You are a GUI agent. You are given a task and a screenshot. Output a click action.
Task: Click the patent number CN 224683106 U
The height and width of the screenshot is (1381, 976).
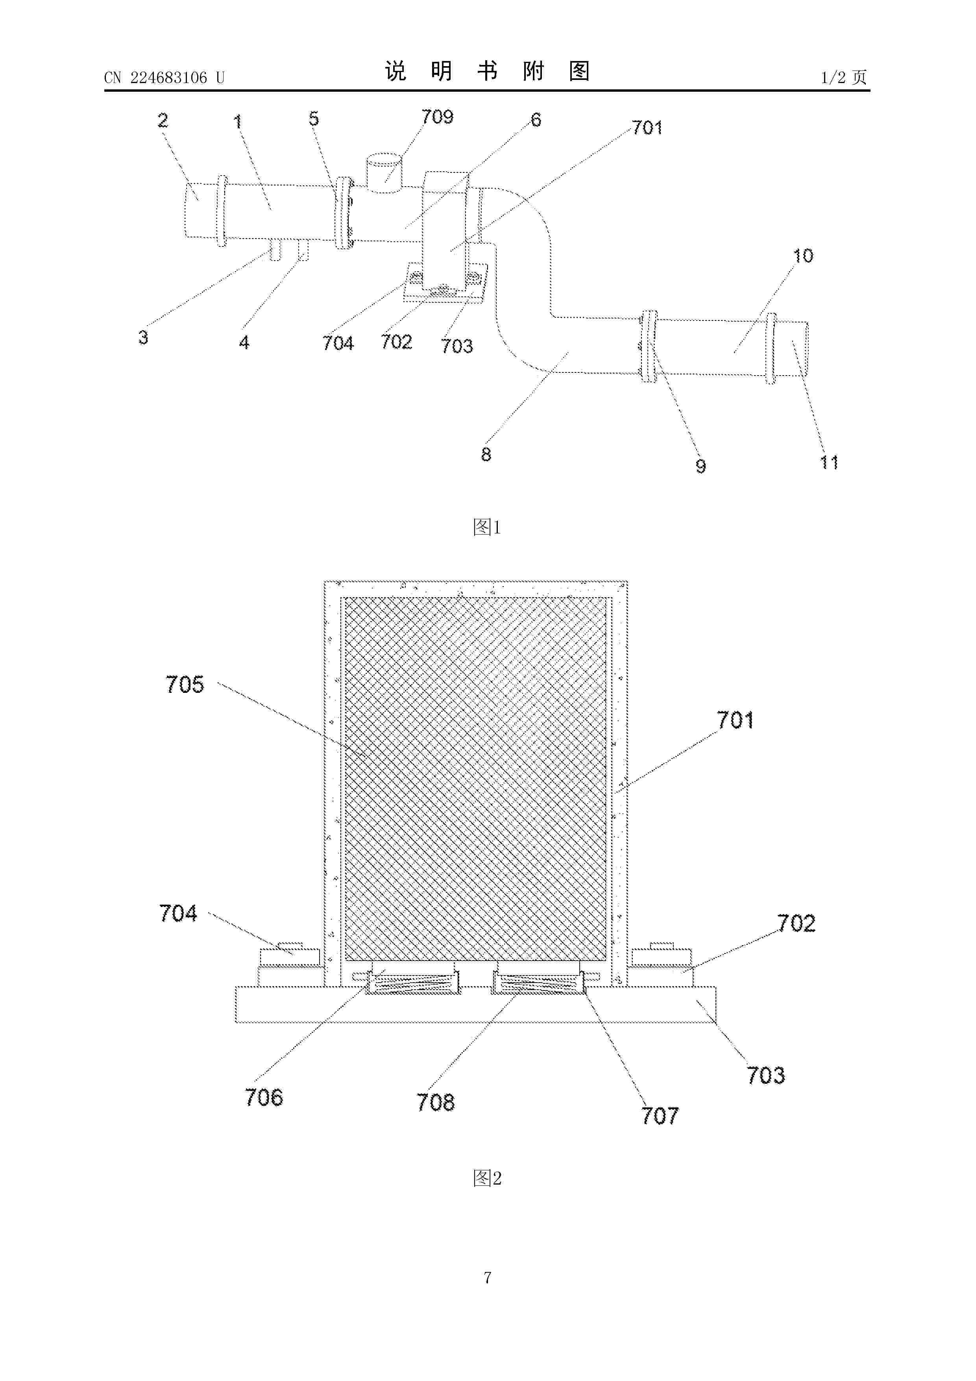click(164, 78)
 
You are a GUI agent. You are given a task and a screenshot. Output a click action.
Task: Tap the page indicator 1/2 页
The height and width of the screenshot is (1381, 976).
click(844, 77)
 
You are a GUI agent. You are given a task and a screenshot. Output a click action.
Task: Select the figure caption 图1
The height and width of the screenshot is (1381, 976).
click(487, 528)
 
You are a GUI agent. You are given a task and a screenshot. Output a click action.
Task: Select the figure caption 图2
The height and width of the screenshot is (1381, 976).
click(487, 1178)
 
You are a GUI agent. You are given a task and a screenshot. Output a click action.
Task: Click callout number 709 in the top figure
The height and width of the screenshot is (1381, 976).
click(437, 117)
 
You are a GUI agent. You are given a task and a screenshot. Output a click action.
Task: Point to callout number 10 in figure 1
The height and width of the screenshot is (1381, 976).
click(803, 255)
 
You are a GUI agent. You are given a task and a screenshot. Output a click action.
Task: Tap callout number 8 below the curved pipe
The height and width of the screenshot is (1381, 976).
click(486, 454)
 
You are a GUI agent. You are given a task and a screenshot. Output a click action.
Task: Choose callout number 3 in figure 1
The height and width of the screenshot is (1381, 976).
click(143, 337)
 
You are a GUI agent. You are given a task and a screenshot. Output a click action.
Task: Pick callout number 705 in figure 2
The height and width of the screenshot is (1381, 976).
click(185, 685)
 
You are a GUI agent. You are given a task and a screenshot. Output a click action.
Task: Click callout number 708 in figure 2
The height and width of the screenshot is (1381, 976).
click(436, 1103)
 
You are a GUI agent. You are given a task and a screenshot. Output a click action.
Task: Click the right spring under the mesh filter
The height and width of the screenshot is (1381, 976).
click(539, 984)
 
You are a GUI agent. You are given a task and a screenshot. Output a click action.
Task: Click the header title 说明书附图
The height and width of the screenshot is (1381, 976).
click(487, 71)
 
